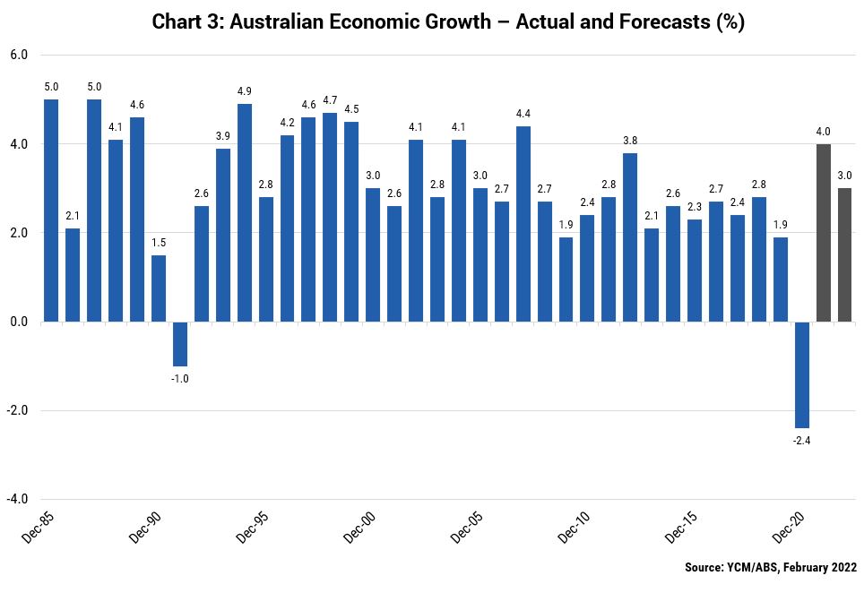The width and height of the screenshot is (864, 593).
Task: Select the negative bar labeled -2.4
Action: (x=802, y=374)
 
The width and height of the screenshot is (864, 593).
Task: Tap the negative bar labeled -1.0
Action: (x=180, y=344)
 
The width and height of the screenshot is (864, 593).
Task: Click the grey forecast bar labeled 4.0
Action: (x=824, y=233)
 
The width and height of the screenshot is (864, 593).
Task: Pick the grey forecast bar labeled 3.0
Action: (x=845, y=255)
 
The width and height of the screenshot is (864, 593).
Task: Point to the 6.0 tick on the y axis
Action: (x=18, y=56)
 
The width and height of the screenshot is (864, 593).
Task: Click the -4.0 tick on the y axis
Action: (x=17, y=500)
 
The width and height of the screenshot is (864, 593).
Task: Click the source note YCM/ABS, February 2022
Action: (x=771, y=567)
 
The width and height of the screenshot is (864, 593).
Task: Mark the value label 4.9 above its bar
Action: (x=245, y=91)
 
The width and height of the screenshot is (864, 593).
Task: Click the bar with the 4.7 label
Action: (x=330, y=217)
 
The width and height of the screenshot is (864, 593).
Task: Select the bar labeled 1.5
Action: (x=159, y=288)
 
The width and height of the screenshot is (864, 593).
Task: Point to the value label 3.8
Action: (x=630, y=141)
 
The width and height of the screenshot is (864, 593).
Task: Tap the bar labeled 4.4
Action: (x=523, y=224)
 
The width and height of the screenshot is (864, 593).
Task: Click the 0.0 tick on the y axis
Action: (x=18, y=322)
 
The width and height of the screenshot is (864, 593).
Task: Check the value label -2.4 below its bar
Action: (x=802, y=441)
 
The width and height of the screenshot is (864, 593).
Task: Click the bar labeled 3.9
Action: (x=223, y=235)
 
